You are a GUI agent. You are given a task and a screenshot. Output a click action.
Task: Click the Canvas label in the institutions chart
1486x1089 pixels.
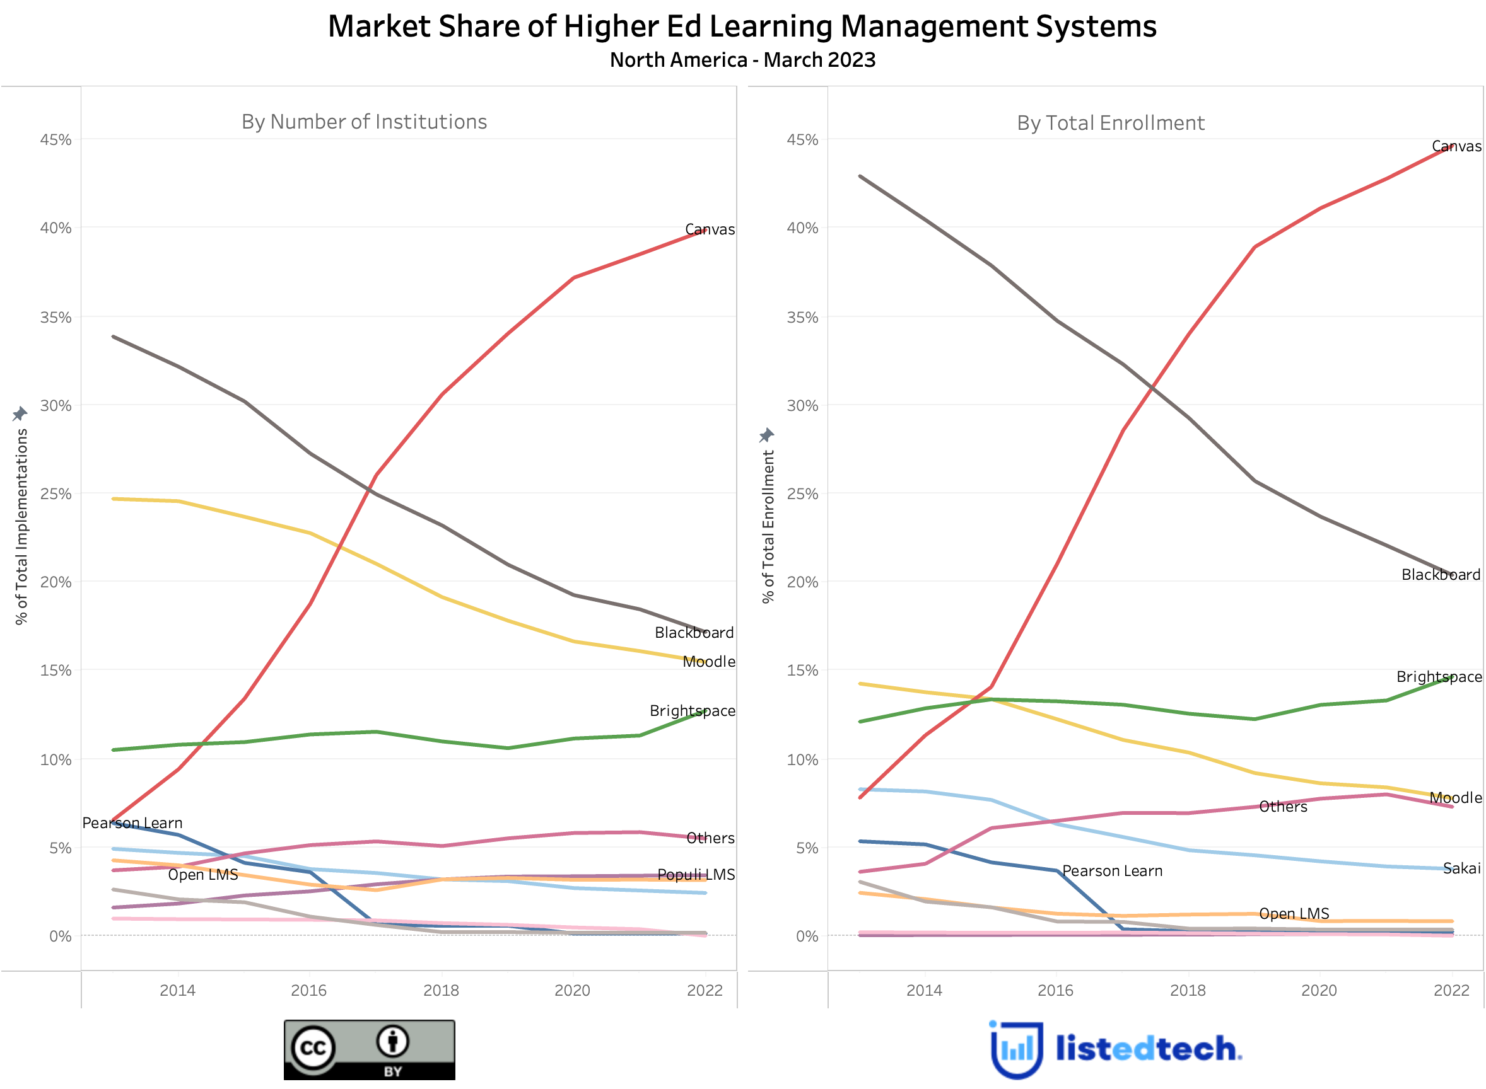coord(709,229)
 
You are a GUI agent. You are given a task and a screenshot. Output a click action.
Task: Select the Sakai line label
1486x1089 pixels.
coord(1461,868)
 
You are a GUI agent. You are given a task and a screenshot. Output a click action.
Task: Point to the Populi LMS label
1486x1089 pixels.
coord(696,875)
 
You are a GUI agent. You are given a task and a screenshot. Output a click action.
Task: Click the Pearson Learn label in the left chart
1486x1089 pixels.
coord(132,823)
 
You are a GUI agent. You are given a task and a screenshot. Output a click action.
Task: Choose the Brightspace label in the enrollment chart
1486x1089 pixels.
coord(1439,677)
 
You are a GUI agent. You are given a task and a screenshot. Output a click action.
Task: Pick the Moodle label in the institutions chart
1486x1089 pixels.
coord(708,662)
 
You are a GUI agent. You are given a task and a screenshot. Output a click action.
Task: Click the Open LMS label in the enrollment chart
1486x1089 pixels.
coord(1294,914)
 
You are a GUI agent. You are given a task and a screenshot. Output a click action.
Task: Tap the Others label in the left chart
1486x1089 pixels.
coord(710,839)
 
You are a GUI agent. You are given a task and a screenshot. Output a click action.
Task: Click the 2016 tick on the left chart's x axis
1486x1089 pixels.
coord(308,990)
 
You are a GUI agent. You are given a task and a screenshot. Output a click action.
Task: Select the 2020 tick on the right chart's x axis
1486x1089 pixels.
coord(1318,990)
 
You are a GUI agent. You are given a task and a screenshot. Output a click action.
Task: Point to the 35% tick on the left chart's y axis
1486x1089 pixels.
coord(56,317)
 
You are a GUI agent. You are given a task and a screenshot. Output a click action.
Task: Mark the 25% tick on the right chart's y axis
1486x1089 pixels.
coord(802,495)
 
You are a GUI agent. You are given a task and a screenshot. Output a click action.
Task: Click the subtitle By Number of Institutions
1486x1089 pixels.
coord(364,122)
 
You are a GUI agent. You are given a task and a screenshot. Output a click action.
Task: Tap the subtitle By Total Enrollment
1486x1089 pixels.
coord(1110,124)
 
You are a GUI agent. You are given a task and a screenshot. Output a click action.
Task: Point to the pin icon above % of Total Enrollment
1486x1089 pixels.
coord(766,435)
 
